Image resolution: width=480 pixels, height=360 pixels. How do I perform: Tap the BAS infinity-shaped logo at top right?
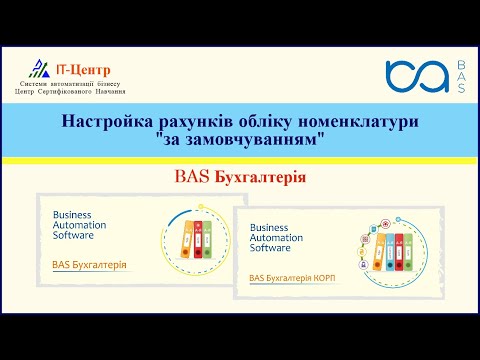coord(416,76)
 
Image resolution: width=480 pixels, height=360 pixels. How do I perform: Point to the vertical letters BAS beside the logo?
coord(459,76)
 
